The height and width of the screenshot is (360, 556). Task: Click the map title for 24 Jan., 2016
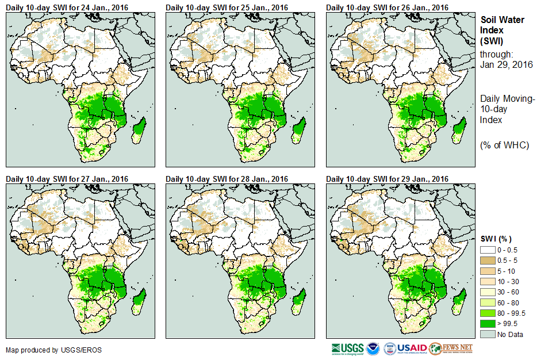(x=67, y=7)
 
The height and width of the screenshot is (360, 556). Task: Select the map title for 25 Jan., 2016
(x=227, y=7)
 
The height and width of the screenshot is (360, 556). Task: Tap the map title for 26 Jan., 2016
(x=387, y=7)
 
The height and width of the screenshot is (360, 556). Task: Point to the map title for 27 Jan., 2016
(x=67, y=179)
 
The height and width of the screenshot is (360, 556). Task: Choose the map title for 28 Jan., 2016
(x=227, y=179)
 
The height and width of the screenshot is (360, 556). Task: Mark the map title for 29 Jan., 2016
(x=387, y=179)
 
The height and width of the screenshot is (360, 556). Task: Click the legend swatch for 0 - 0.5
(x=487, y=250)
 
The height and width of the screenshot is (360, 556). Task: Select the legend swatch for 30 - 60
(x=487, y=292)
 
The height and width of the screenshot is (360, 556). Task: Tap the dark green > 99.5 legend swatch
(x=487, y=324)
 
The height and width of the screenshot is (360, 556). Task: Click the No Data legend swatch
(x=487, y=334)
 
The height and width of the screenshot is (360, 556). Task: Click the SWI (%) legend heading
(x=496, y=239)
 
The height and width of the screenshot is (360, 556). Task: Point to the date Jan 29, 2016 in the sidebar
(x=506, y=64)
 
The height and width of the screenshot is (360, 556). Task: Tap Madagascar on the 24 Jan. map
(x=138, y=129)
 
